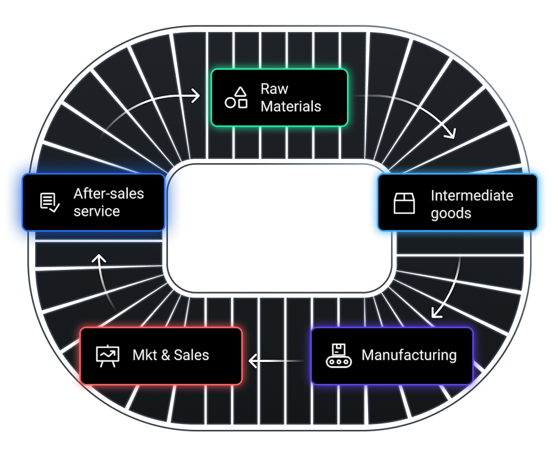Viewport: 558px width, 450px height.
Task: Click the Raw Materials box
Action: (279, 98)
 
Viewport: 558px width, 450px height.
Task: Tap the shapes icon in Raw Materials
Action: (236, 98)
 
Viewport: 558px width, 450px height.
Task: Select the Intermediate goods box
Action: (458, 203)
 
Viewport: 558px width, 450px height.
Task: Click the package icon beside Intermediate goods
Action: (404, 203)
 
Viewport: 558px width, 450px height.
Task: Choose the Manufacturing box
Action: (392, 355)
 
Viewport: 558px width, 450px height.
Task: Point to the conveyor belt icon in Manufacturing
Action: (338, 355)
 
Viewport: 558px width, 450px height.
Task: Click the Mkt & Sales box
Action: (161, 355)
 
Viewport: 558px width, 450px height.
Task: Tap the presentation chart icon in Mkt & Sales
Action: (108, 355)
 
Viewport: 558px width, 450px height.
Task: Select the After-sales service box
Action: (93, 202)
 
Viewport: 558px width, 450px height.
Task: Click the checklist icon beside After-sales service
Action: (49, 202)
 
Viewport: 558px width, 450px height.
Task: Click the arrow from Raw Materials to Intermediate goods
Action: (419, 109)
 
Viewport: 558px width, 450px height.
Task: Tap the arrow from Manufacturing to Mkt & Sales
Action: (276, 362)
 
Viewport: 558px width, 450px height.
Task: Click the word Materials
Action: (291, 107)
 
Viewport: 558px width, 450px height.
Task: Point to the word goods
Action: (451, 213)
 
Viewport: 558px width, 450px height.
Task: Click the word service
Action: (96, 211)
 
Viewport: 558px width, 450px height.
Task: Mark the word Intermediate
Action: (472, 195)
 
